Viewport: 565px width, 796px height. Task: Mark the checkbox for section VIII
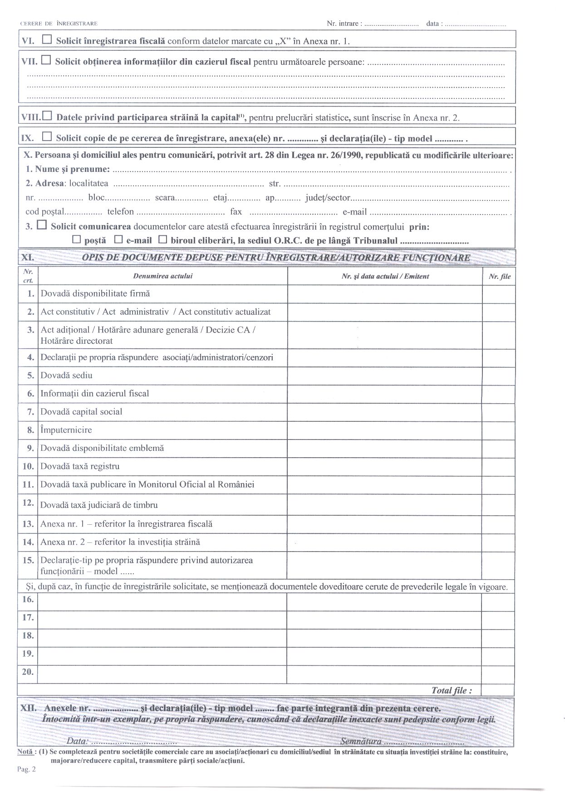click(47, 116)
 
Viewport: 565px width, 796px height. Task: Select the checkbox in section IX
click(47, 136)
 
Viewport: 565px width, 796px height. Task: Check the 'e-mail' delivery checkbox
click(118, 239)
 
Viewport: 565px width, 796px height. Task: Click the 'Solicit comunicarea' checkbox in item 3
click(42, 225)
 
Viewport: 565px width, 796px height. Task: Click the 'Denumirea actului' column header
click(162, 276)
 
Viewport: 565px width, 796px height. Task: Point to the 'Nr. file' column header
click(499, 276)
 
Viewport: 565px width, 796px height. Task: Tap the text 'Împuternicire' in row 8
click(66, 430)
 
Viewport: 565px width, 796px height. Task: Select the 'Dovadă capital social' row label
click(81, 412)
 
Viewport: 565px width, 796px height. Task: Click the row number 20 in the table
click(28, 672)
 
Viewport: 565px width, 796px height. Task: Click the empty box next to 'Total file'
click(497, 690)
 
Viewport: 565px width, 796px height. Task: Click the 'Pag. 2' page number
click(27, 769)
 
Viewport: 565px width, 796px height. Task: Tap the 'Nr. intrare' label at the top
click(344, 23)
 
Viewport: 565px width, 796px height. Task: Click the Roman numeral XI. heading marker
click(28, 258)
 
